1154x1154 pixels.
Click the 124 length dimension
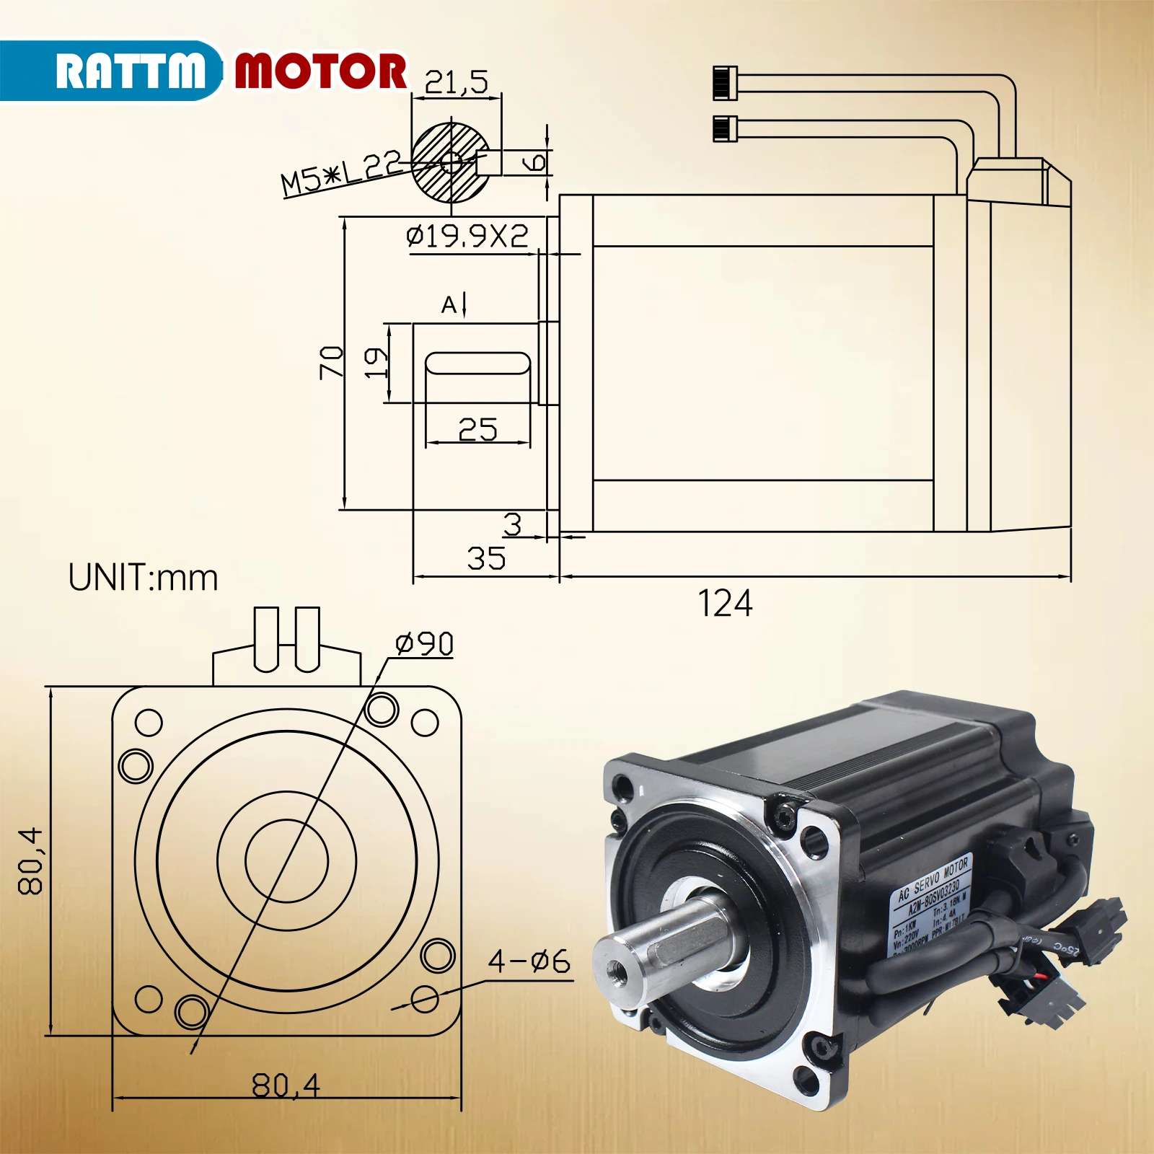(x=725, y=604)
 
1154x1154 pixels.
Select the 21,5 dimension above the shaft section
(x=456, y=82)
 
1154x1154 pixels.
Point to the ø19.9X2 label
(x=467, y=237)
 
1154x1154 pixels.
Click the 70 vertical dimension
(x=331, y=361)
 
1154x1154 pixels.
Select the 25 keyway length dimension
(x=477, y=431)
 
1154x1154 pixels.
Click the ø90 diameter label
(x=424, y=643)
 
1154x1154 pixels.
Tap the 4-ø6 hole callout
(x=529, y=961)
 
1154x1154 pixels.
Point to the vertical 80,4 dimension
(x=31, y=861)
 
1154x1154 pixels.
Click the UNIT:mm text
(x=143, y=578)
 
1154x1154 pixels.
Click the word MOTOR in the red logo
(x=321, y=71)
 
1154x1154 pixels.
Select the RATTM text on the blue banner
(x=130, y=71)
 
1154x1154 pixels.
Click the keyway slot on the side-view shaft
(x=477, y=363)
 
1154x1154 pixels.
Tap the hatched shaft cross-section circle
(x=447, y=163)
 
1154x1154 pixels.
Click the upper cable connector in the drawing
(x=725, y=82)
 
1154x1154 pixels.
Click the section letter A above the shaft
(x=449, y=306)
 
